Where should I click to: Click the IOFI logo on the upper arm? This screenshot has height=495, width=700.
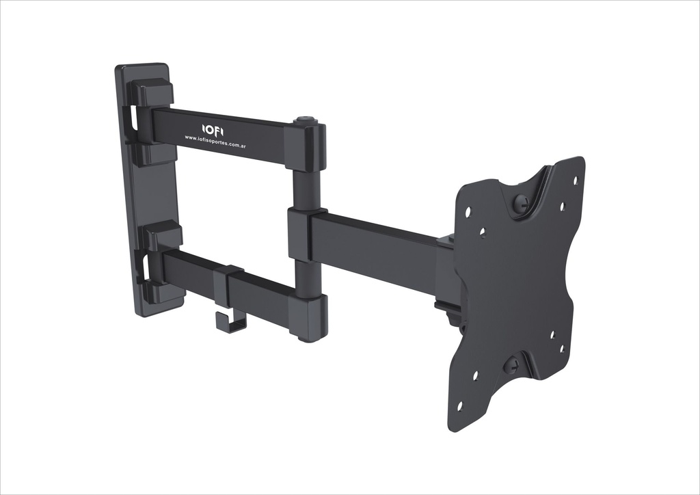pyautogui.click(x=213, y=129)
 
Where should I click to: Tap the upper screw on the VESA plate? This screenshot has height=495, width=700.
pyautogui.click(x=521, y=203)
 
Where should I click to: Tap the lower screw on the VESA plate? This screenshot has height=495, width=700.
pyautogui.click(x=511, y=365)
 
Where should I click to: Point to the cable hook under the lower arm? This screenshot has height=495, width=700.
pyautogui.click(x=230, y=321)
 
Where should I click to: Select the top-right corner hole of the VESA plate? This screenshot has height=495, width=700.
pyautogui.click(x=575, y=180)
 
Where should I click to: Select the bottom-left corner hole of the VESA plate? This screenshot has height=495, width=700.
pyautogui.click(x=459, y=405)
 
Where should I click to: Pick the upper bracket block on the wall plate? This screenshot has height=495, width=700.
pyautogui.click(x=150, y=92)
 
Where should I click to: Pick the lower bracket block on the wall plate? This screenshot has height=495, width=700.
pyautogui.click(x=161, y=236)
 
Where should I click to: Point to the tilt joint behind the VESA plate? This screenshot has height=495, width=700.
pyautogui.click(x=448, y=311)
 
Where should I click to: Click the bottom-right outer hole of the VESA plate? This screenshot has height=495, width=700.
pyautogui.click(x=563, y=348)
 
